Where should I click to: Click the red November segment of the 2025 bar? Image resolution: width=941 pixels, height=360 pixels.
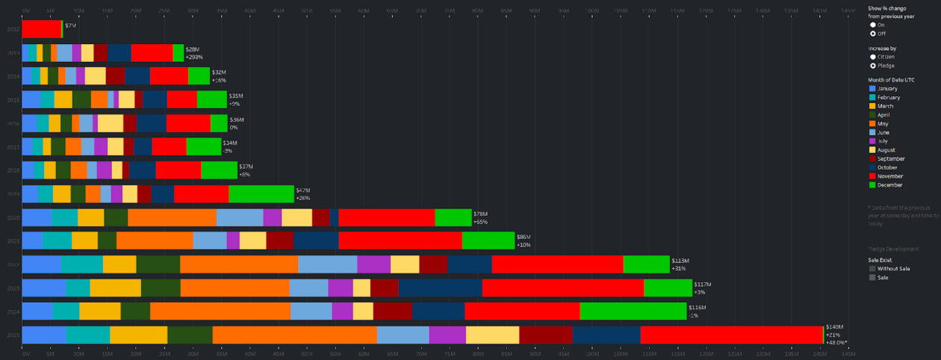pos(731,335)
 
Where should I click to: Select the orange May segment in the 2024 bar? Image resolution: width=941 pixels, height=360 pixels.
pos(220,311)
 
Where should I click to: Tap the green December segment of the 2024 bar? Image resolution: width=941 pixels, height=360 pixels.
pos(633,311)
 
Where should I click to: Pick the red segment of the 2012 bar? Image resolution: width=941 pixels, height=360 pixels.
pos(41,28)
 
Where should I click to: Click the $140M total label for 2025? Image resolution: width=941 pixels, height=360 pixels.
pos(834,327)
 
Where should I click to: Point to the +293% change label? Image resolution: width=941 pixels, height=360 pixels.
pos(193,57)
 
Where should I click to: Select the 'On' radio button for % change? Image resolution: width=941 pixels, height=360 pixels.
pos(873,25)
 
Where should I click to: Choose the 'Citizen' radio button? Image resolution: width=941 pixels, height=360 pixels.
pos(873,57)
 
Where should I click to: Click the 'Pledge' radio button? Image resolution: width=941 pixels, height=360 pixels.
pos(873,66)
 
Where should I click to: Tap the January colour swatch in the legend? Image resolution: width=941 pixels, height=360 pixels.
pos(872,89)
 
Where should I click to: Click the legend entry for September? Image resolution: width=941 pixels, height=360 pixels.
pos(891,158)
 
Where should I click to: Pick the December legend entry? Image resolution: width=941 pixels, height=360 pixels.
pos(890,184)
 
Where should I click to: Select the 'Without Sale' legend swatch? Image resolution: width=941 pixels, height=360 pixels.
pos(872,268)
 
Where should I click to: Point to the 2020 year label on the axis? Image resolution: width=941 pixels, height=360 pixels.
pos(13,217)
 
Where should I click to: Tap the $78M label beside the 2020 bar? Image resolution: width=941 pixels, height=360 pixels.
pos(480,214)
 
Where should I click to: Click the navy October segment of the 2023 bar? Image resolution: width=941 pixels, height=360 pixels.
pos(440,288)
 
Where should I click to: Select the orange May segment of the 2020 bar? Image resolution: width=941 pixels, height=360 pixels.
pos(172,217)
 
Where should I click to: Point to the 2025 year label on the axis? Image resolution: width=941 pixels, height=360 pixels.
pos(13,335)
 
